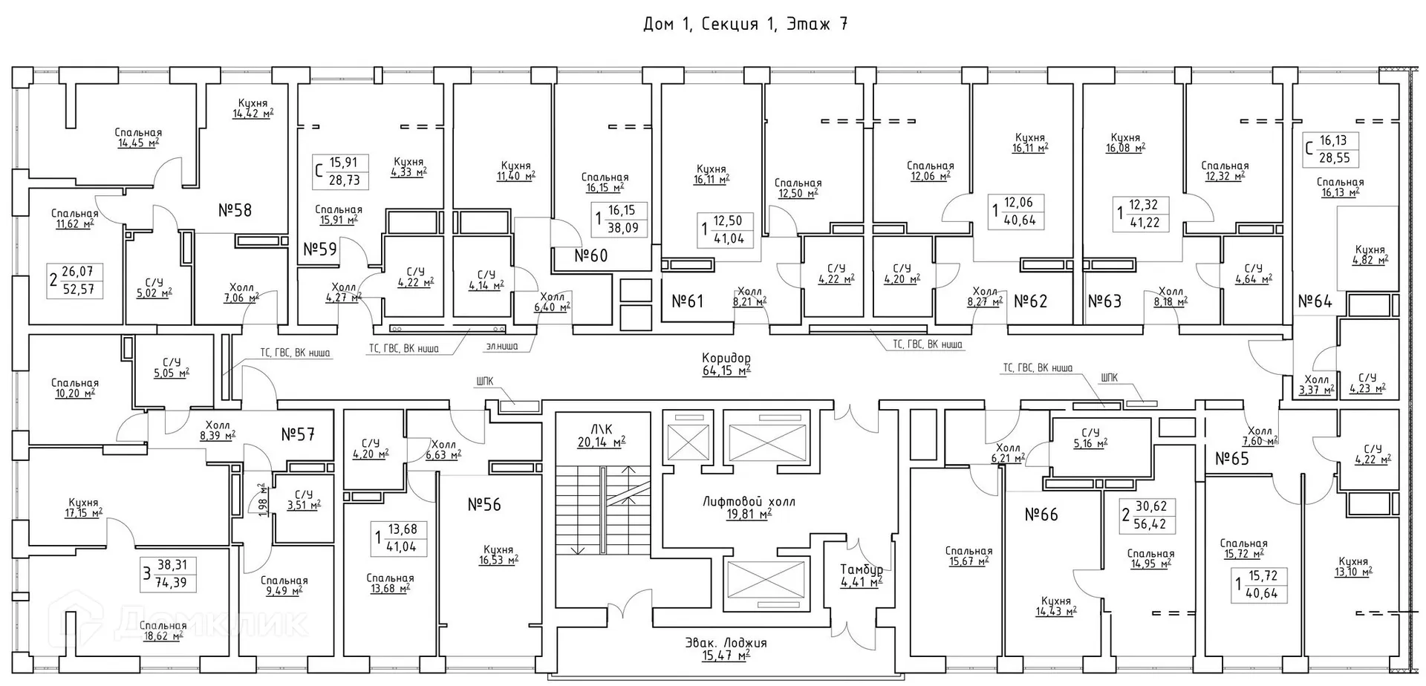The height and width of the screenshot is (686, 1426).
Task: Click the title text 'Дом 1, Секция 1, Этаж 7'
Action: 745,24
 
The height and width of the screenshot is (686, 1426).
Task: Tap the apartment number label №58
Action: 235,210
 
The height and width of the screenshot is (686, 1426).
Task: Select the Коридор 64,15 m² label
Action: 726,364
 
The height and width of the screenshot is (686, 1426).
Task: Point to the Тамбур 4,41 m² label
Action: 861,575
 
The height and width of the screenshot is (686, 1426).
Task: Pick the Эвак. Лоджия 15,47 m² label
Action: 726,648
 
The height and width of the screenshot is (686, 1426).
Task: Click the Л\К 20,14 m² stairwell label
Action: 601,436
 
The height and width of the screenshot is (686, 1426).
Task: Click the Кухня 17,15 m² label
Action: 82,508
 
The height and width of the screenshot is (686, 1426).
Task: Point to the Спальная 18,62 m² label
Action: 163,631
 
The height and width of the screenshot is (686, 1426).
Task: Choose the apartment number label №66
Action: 1041,514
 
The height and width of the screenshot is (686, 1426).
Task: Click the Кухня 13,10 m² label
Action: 1352,566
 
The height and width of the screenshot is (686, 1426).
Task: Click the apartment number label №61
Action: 687,301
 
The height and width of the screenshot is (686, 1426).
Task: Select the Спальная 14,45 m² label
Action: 138,137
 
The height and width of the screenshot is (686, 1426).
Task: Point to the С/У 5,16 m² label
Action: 1090,438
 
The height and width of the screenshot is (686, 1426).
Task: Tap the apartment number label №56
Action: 484,505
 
